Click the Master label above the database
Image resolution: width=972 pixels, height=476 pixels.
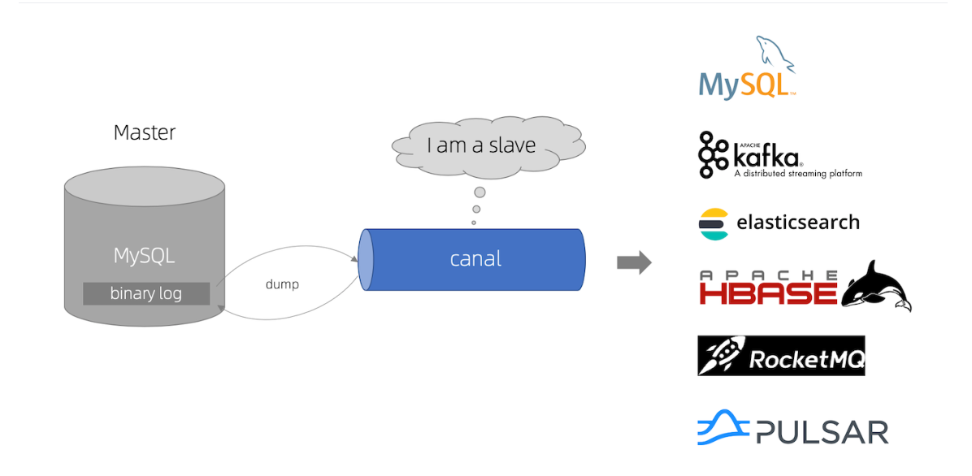click(145, 132)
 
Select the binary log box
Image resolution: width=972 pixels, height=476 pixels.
click(146, 294)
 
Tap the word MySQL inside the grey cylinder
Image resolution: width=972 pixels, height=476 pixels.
click(145, 255)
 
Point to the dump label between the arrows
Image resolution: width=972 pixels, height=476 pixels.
click(282, 285)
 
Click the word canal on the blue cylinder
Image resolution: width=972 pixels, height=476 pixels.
click(475, 259)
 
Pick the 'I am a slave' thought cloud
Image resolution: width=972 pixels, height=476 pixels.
click(488, 146)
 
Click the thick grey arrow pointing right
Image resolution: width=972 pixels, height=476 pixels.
click(634, 263)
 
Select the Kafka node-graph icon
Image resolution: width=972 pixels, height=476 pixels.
click(714, 155)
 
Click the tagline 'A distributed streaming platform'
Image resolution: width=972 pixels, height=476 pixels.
click(798, 174)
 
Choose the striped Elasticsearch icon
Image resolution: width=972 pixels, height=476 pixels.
click(714, 223)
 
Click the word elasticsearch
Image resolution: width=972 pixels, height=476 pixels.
click(798, 222)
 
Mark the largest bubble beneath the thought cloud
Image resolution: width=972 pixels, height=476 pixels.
click(479, 193)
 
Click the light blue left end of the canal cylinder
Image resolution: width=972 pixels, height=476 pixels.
click(367, 259)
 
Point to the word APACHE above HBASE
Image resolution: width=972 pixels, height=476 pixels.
click(769, 275)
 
